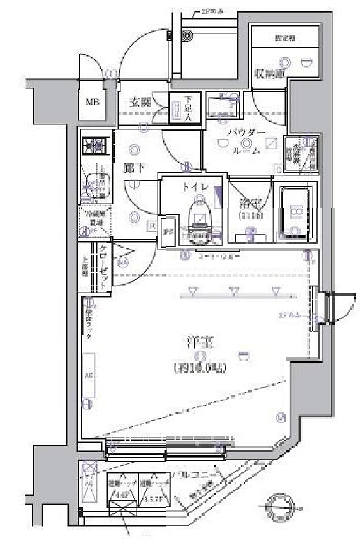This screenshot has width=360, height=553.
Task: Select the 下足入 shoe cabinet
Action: pyautogui.click(x=177, y=108)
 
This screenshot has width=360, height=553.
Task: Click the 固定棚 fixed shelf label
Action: pyautogui.click(x=285, y=37)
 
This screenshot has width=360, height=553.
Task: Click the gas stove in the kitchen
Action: pyautogui.click(x=93, y=146)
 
